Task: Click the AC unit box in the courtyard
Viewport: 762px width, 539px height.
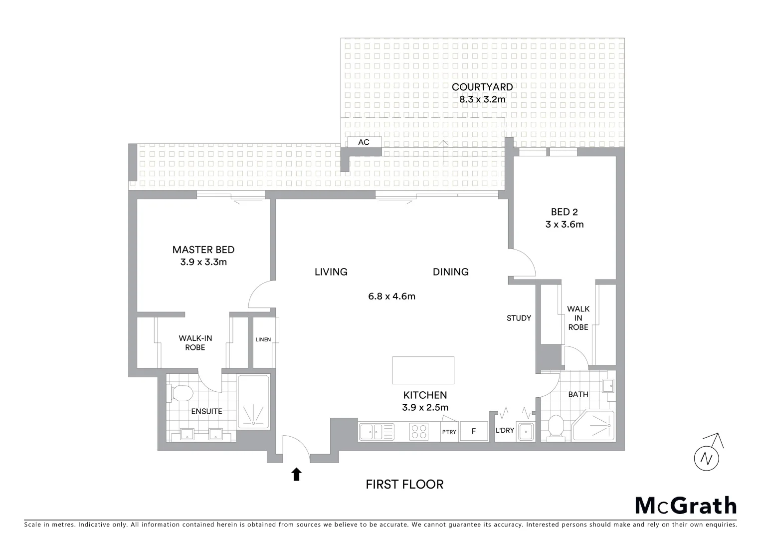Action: point(364,142)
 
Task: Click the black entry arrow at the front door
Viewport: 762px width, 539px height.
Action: point(297,474)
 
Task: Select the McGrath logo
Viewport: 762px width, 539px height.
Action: point(685,506)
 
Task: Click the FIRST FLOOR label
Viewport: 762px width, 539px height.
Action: point(404,484)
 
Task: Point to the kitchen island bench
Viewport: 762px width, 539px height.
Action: point(423,370)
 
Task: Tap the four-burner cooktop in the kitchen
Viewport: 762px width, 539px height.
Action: point(419,431)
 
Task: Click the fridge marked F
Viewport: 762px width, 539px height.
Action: point(474,432)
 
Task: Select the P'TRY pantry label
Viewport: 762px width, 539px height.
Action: point(449,432)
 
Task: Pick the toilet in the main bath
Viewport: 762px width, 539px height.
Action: point(555,428)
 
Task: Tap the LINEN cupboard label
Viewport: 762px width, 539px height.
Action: point(263,340)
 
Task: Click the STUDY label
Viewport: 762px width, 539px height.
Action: point(519,318)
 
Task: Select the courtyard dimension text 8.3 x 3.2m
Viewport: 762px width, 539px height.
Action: point(482,99)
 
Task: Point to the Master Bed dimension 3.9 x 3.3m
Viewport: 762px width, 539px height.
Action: point(203,262)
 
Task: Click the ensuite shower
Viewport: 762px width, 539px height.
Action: point(254,402)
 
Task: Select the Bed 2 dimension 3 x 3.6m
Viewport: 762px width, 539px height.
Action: point(565,225)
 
